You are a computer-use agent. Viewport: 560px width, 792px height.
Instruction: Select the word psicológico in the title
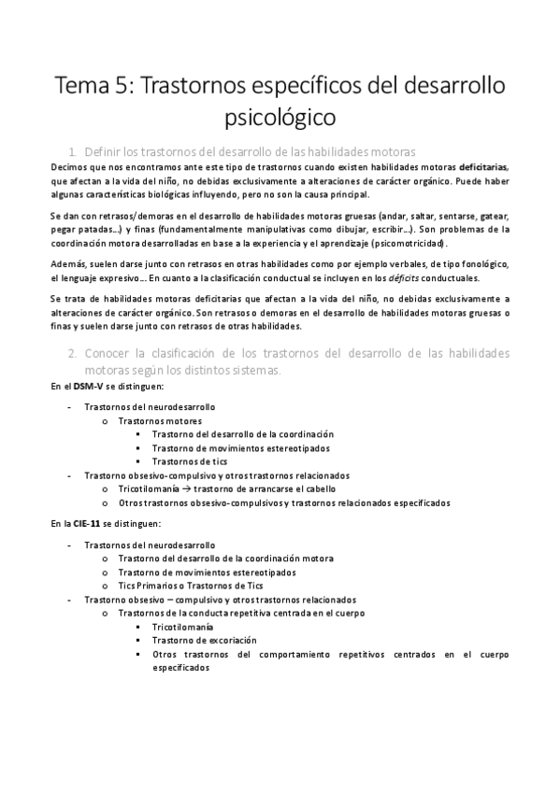tap(280, 119)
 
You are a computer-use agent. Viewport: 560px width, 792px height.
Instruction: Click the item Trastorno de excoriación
tap(204, 640)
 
